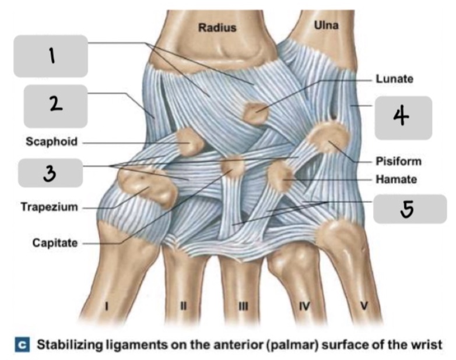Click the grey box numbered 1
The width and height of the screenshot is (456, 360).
tap(51, 56)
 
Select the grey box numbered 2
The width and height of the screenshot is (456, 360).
tap(55, 106)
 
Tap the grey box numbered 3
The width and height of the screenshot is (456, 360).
tap(51, 172)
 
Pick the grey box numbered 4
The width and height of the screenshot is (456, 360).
tap(402, 118)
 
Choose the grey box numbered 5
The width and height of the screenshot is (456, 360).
tap(409, 209)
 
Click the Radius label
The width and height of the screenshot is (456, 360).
tap(217, 27)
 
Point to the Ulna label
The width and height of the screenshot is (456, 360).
tap(326, 26)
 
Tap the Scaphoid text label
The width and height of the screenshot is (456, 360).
tap(51, 142)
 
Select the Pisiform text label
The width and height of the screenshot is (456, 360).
tap(398, 161)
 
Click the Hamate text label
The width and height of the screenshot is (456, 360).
tap(396, 181)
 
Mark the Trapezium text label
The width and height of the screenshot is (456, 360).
tap(49, 207)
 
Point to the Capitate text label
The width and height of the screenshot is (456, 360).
tap(54, 243)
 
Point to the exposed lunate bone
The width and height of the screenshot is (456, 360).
tap(255, 112)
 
